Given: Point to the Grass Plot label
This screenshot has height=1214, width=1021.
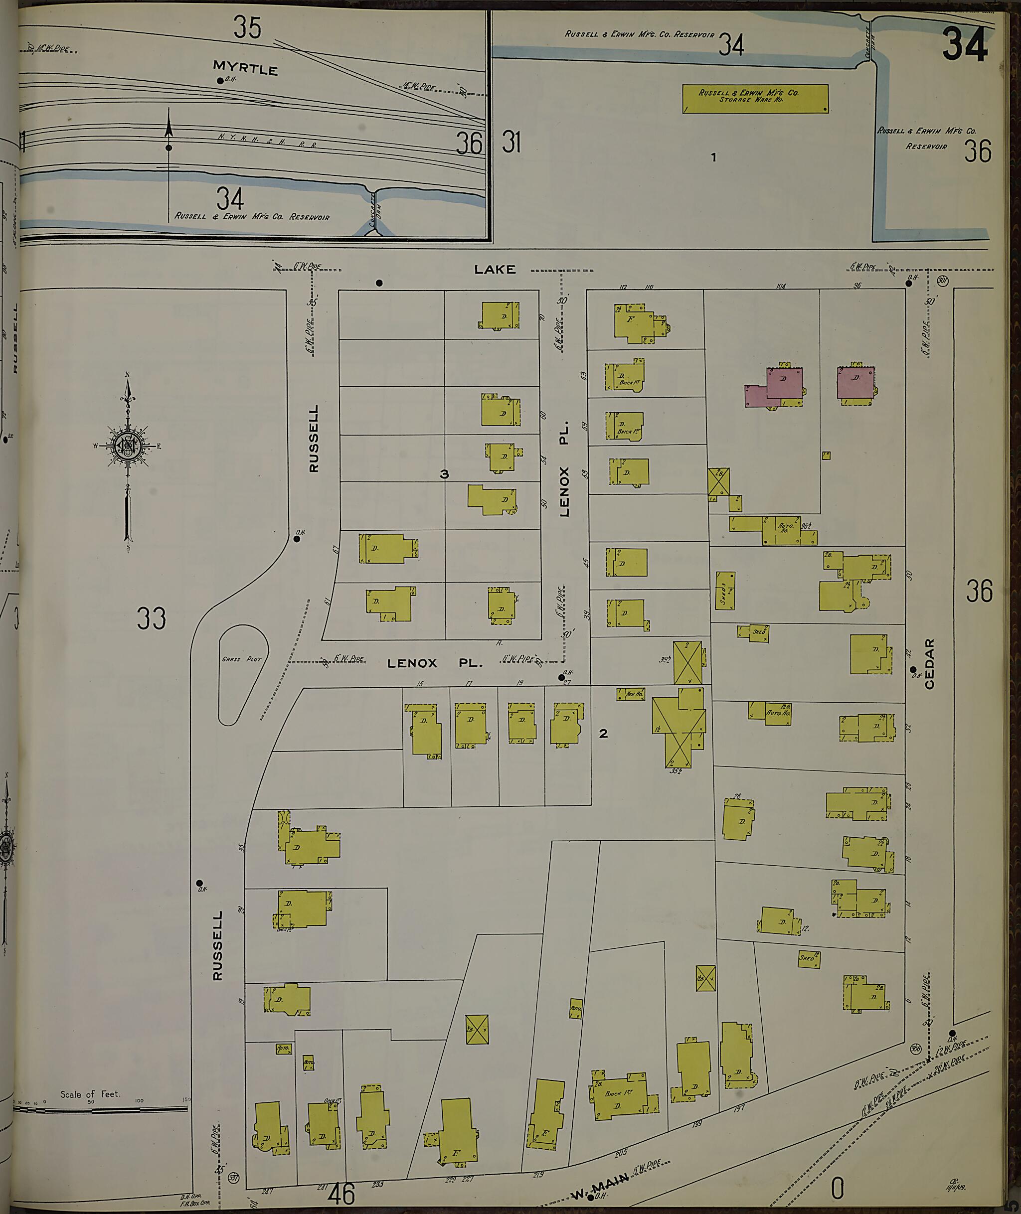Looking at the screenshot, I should coord(241,659).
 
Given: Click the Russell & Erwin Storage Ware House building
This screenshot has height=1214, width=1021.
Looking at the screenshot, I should coord(755,98).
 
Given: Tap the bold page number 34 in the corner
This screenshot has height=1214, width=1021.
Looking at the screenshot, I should coord(964,45).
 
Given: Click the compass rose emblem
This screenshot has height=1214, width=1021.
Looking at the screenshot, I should coord(127,445).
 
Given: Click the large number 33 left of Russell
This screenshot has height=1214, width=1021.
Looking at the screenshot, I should coord(151,618).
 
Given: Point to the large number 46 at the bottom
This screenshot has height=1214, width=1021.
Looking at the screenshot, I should coord(341,1194).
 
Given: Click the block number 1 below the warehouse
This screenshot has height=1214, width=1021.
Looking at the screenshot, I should coord(714,157).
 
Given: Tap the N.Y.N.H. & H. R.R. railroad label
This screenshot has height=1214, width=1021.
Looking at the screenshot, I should coord(267,140).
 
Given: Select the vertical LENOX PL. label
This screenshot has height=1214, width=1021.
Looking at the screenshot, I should coord(564,468).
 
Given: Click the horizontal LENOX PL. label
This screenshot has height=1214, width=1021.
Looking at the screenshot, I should coord(434,663).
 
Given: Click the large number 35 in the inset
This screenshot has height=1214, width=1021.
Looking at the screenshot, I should coord(247,28).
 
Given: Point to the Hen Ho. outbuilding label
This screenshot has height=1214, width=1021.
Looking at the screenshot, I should coord(633,694).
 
